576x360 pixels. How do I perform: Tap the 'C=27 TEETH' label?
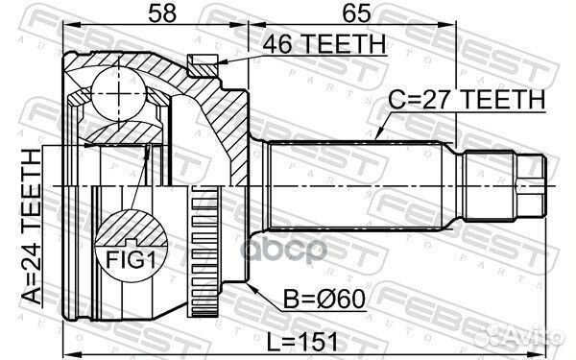pos(467,98)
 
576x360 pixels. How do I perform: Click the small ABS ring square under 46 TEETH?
pos(201,65)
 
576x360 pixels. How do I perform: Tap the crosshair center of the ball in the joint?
pos(112,93)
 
